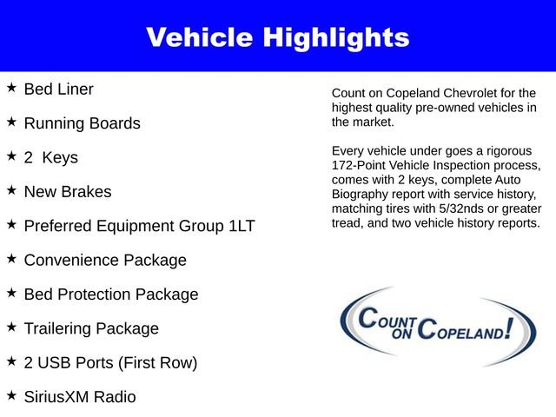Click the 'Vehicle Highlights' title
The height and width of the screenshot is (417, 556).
point(277,37)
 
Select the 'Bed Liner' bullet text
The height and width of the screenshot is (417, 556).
point(58,89)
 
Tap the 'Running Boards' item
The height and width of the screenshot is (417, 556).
point(82,123)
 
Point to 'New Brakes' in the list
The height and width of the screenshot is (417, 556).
point(68,191)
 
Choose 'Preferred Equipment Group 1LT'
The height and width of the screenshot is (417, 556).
point(139,226)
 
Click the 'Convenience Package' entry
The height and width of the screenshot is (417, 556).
point(105,260)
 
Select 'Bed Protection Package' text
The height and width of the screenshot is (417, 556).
point(111,295)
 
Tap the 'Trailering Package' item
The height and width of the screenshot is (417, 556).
point(91,328)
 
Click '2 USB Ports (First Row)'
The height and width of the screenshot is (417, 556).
point(110,363)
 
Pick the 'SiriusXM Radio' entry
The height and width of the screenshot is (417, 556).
point(80,397)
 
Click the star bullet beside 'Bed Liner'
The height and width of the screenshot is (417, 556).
point(11,88)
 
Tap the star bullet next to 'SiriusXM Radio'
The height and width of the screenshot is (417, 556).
point(11,396)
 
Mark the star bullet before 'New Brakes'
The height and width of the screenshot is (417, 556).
point(11,190)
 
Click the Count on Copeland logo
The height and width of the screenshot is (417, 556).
point(439,327)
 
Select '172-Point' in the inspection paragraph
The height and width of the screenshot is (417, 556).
point(361,164)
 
